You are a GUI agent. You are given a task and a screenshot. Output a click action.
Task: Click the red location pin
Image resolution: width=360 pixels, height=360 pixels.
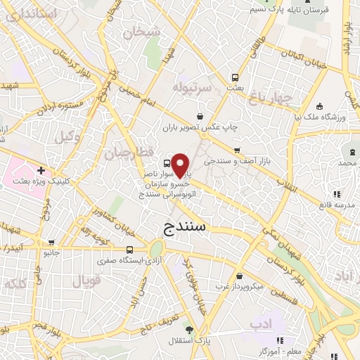coord(181,165)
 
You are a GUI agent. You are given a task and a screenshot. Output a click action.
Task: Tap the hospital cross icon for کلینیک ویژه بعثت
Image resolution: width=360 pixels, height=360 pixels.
coord(41,169)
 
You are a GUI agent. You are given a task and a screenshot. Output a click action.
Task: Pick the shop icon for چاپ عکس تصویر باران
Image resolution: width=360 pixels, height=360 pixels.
coord(200,116)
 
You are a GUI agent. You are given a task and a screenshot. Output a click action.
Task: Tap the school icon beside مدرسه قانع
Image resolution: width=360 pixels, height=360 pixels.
coord(337,194)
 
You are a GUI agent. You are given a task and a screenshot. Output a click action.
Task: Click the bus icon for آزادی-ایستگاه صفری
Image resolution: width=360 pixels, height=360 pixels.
coord(130,249)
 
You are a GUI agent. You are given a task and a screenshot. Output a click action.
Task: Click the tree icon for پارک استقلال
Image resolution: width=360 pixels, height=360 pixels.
coord(188,330)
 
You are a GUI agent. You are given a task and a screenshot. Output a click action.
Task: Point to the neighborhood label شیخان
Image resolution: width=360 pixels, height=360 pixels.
coord(137,32)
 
